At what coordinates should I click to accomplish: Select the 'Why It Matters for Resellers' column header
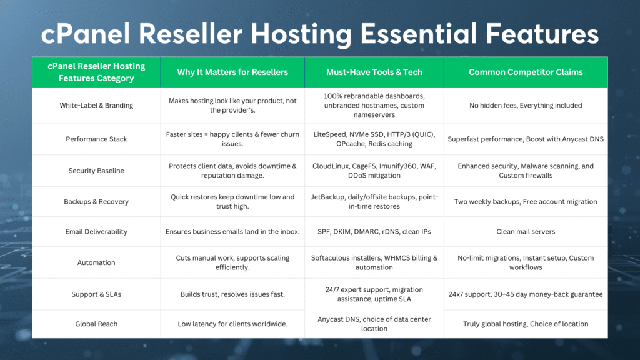[x=232, y=72]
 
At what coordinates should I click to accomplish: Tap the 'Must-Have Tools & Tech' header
[x=374, y=72]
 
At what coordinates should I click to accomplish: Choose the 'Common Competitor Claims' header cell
[x=526, y=72]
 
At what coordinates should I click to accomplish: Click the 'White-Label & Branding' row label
[x=96, y=106]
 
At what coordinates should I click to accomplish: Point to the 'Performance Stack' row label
[x=96, y=139]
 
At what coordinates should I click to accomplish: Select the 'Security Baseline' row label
[x=96, y=171]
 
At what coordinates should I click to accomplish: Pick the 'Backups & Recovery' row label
[x=96, y=202]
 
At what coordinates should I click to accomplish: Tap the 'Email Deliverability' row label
[x=96, y=231]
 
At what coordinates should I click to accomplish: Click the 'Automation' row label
[x=96, y=262]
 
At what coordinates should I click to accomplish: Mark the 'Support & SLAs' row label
[x=96, y=294]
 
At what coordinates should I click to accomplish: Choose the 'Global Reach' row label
[x=96, y=324]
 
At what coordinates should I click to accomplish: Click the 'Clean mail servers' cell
[x=526, y=231]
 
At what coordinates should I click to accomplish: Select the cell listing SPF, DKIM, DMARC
[x=374, y=231]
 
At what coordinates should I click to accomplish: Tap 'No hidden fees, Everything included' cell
[x=526, y=106]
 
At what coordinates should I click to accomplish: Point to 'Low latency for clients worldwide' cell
[x=232, y=324]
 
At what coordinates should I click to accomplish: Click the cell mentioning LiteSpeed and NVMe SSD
[x=374, y=139]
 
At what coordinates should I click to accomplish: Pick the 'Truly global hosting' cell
[x=526, y=324]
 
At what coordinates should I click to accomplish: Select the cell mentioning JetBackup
[x=374, y=201]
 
